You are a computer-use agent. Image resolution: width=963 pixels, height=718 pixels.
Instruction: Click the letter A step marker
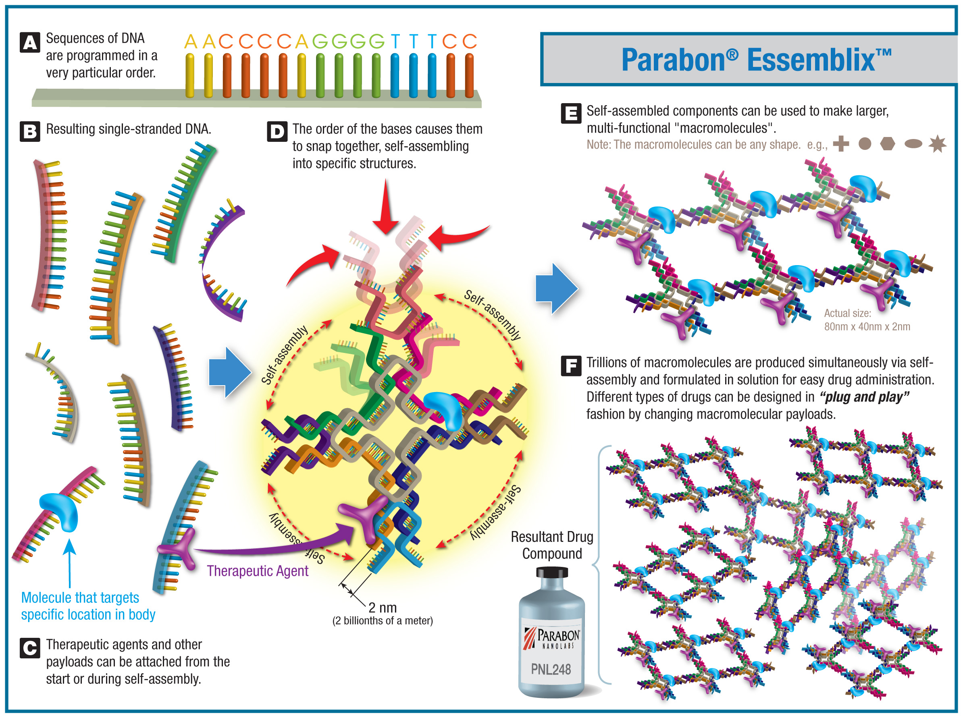point(30,43)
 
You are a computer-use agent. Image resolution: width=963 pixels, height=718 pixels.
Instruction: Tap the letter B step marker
point(30,131)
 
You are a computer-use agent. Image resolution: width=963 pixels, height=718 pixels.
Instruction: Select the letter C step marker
point(30,648)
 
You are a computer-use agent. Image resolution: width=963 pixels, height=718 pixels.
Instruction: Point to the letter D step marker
point(277,131)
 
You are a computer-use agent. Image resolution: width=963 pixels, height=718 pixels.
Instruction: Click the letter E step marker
point(571,114)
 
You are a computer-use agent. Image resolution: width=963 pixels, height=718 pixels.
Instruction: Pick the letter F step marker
point(571,365)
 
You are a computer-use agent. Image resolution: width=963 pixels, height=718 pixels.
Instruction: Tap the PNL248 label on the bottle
point(551,669)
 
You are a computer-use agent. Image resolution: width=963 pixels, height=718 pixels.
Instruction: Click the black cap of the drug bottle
point(552,573)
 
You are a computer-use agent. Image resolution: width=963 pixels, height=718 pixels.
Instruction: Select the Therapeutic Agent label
point(258,571)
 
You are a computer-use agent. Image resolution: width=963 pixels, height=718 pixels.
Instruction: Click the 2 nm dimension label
point(383,608)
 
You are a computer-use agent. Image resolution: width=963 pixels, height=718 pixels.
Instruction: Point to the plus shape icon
point(841,144)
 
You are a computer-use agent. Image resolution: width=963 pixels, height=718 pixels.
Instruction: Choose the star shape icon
point(937,144)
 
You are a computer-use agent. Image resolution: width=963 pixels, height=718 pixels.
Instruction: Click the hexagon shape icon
point(888,144)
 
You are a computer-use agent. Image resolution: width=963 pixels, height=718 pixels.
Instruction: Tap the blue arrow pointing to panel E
point(557,288)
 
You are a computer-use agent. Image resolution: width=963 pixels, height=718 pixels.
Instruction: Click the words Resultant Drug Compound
point(552,546)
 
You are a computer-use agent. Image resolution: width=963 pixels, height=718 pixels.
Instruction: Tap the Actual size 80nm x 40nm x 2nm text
point(867,320)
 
